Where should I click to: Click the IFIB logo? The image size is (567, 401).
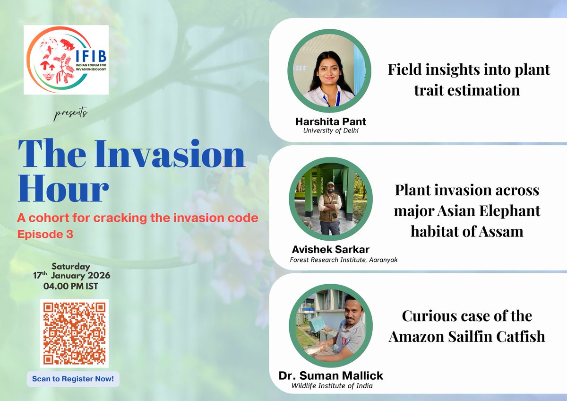click(66, 60)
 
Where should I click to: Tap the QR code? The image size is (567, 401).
click(74, 333)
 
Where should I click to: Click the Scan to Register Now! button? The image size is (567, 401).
click(73, 379)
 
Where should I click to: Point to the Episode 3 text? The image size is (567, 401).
click(45, 234)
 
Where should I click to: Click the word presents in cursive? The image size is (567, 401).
click(70, 113)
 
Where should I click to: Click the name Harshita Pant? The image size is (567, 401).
click(330, 122)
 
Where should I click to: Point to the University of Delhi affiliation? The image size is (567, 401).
click(331, 131)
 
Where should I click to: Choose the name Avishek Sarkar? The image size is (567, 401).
click(330, 249)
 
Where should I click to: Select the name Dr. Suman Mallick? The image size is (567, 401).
click(331, 376)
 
